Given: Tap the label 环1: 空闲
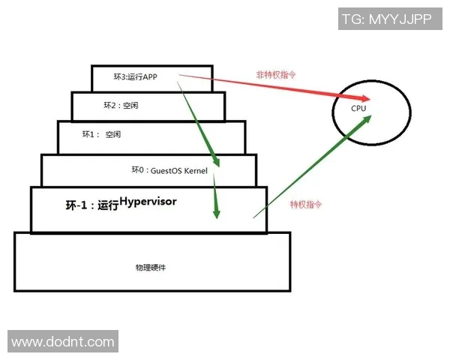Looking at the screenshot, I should point(101,134).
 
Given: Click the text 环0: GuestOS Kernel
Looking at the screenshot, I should point(169,171).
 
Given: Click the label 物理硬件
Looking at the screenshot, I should point(150,266).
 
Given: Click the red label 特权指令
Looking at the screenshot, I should point(304,204).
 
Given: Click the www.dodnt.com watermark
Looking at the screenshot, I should point(63,343).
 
